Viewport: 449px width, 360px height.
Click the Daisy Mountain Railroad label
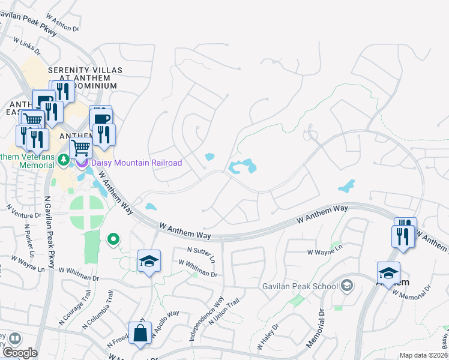pos(136,163)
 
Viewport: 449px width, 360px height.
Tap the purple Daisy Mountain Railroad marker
pos(82,163)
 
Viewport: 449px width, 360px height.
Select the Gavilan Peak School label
pos(300,286)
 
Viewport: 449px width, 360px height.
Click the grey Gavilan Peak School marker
pos(346,286)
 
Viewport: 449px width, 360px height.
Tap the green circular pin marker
pos(112,241)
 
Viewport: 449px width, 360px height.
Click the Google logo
pos(19,353)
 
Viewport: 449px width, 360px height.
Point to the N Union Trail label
pos(224,312)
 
